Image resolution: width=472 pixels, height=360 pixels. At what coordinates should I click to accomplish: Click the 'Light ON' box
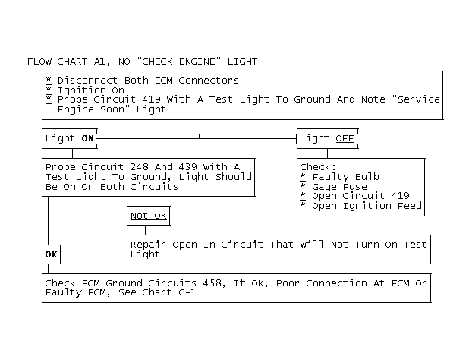point(70,138)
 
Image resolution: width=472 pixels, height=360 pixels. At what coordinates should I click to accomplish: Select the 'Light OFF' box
point(328,138)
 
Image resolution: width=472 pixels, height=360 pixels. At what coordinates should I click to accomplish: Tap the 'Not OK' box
point(149,216)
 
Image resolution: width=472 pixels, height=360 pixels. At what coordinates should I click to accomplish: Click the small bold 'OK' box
point(51,254)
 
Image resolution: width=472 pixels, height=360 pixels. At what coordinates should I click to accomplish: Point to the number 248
point(140,167)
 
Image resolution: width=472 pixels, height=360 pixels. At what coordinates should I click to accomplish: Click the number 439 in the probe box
point(188,167)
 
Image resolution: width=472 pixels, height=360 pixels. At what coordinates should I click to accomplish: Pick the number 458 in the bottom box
point(212,283)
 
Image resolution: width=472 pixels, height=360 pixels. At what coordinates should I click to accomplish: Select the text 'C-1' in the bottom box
point(187,292)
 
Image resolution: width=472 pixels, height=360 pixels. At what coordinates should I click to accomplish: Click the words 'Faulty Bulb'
point(345,177)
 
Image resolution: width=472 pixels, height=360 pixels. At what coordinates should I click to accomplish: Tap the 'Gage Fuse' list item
point(339,187)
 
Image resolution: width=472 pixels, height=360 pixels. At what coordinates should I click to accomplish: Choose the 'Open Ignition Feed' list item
point(367,206)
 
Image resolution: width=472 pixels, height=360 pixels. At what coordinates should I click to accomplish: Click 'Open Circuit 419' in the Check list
point(360,196)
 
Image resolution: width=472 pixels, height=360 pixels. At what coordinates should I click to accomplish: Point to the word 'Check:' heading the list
point(318,167)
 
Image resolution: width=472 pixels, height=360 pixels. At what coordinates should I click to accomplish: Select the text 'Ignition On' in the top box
point(91,90)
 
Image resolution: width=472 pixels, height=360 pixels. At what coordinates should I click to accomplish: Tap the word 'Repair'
point(148,245)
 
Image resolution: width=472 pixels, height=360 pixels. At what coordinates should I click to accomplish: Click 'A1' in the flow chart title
point(99,62)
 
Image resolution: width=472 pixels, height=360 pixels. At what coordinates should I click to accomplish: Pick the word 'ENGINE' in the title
point(197,62)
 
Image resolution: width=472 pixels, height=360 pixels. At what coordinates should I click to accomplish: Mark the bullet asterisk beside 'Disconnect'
point(49,80)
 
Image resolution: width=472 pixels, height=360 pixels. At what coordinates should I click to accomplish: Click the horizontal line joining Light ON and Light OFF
point(197,138)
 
